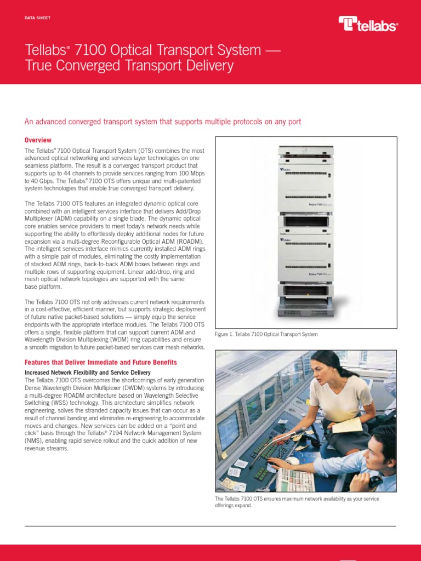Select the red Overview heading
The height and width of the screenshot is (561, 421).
(38, 140)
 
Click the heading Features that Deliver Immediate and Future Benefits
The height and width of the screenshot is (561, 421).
(101, 363)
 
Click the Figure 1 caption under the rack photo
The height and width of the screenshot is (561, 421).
(266, 334)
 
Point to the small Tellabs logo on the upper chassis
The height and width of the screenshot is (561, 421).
(284, 170)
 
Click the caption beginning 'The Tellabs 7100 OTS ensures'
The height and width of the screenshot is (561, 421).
(297, 502)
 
